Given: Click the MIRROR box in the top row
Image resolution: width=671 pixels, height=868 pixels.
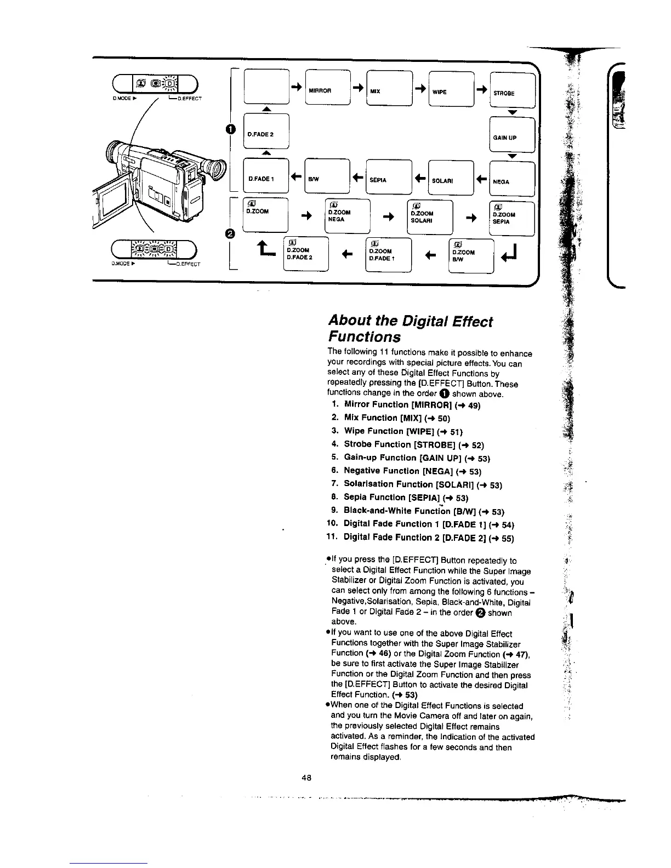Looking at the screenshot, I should tap(327, 88).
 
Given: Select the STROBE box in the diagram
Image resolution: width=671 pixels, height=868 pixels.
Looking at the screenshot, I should tap(511, 90).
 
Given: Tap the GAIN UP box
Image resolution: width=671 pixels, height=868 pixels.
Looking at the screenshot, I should tap(511, 135).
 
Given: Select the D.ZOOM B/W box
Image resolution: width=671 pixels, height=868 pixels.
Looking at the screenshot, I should tap(471, 254).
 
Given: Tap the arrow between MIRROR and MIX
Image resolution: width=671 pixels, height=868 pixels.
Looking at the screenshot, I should tap(357, 88).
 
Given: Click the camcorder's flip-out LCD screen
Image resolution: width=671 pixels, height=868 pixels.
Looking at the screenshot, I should tap(113, 201).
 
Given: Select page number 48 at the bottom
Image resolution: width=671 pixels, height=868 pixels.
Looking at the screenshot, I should tap(306, 778).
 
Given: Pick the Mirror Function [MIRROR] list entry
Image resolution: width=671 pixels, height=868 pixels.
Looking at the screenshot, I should tap(406, 404).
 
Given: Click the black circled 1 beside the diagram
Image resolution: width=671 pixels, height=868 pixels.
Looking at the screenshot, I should tap(223, 129).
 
